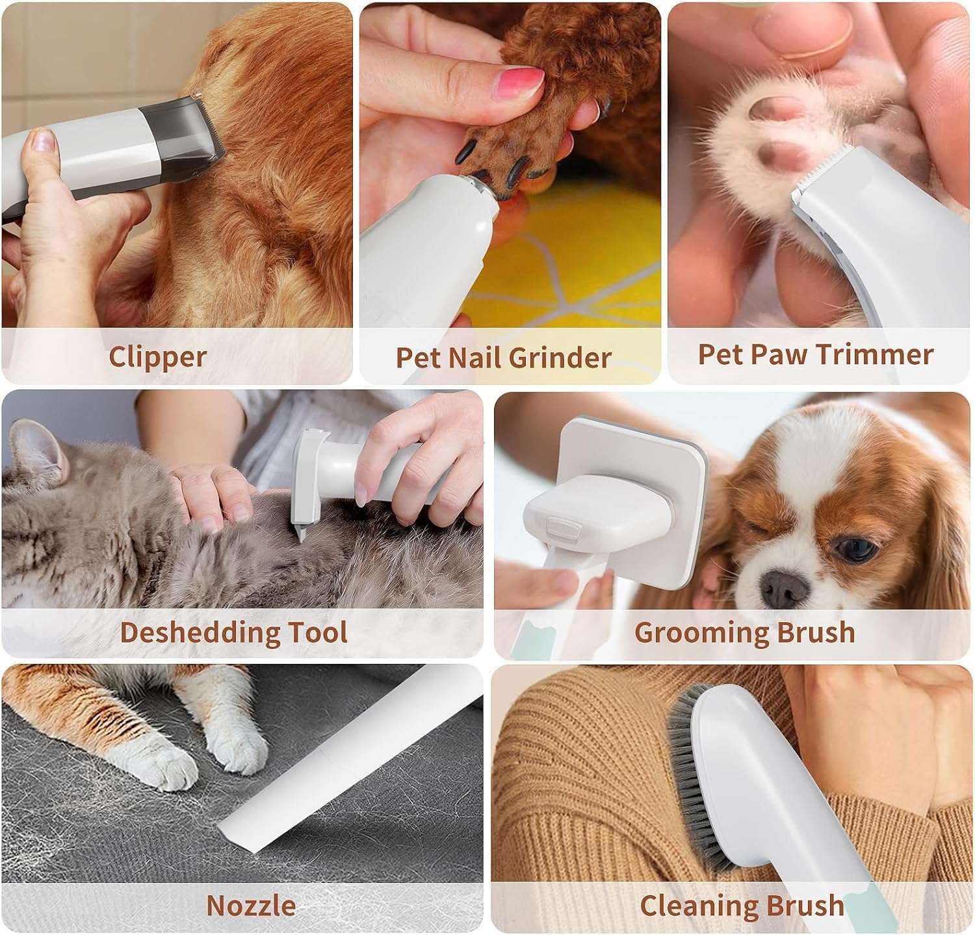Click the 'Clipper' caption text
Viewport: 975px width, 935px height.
[157, 357]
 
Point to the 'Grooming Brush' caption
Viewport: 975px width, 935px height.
[744, 632]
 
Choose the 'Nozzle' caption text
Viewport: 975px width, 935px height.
[251, 905]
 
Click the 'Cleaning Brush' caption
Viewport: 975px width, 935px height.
[742, 905]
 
